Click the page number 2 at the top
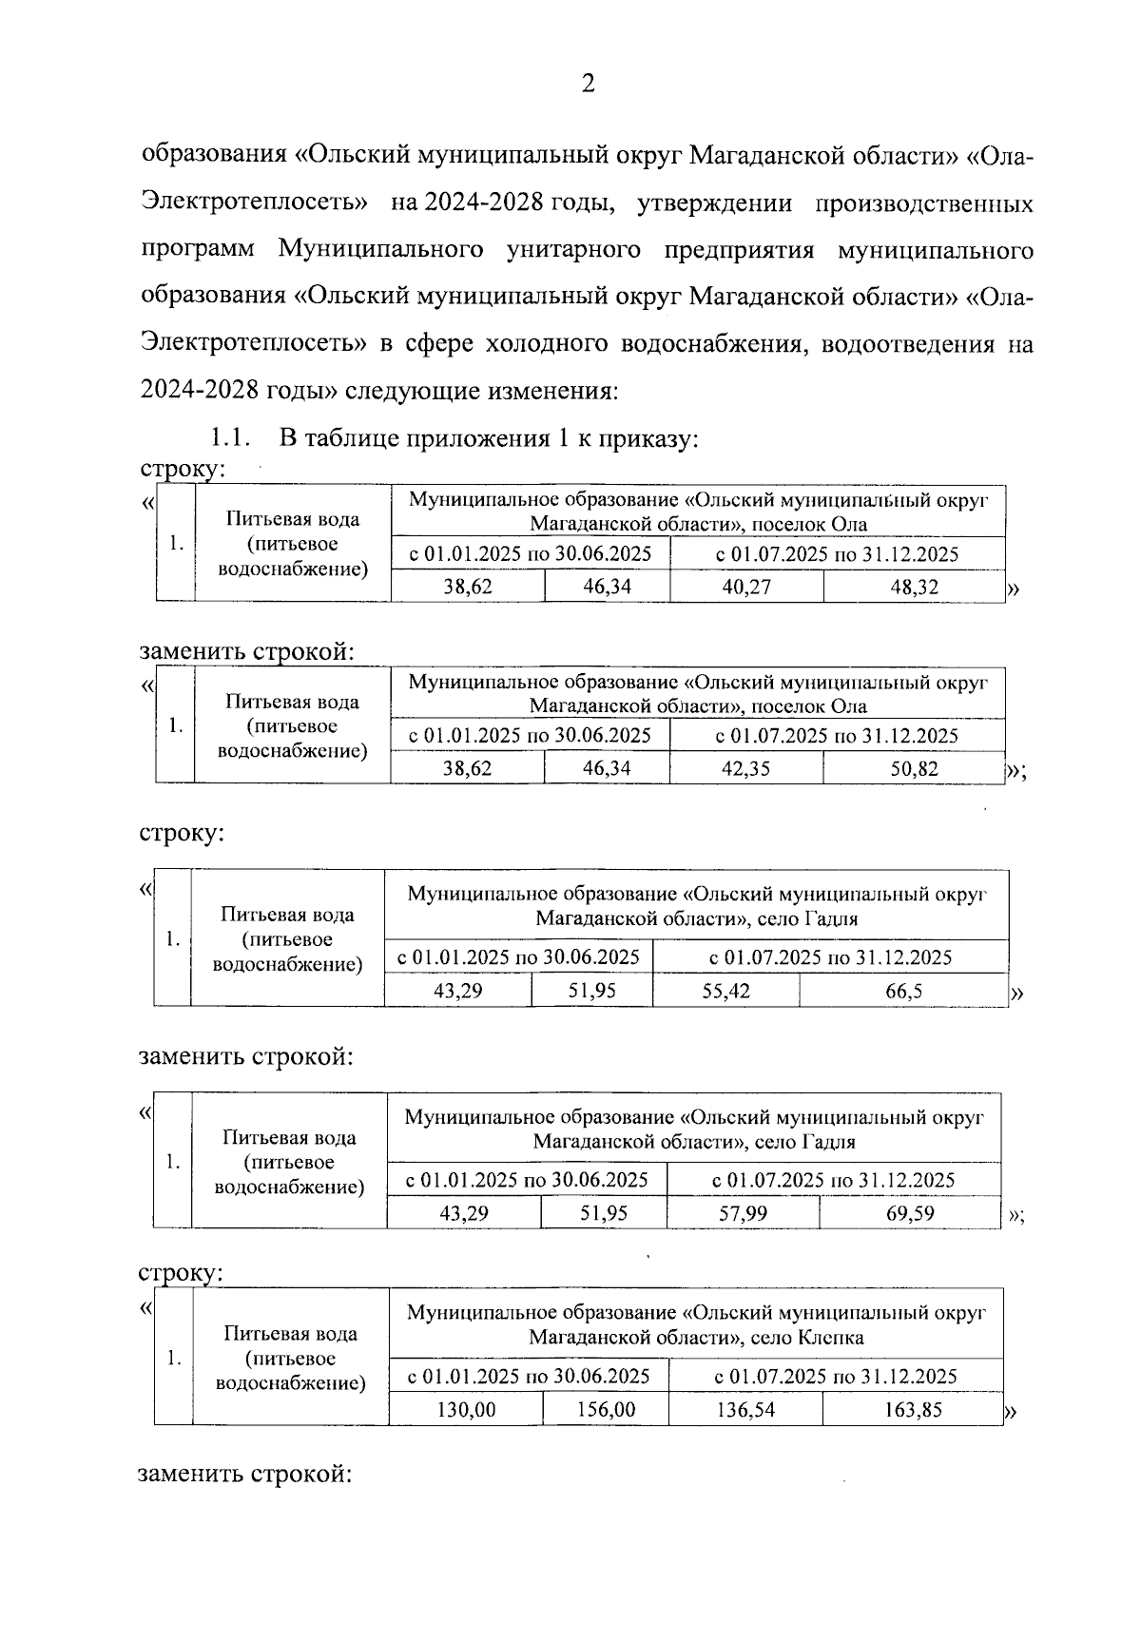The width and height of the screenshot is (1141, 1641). pos(588,86)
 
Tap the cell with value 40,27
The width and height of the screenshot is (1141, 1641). pos(746,588)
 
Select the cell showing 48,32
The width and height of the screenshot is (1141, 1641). pos(914,588)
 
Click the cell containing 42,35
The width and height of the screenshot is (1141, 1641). pos(746,769)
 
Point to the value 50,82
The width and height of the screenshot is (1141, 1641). pos(914,769)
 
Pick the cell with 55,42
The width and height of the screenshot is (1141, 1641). pos(725,992)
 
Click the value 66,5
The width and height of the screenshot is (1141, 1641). pos(903,992)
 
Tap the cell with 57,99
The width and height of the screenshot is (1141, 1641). pos(743,1214)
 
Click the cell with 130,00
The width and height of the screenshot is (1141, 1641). pos(466,1410)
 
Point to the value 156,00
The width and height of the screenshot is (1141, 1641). pos(606,1410)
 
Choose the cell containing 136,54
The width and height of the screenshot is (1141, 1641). pos(745,1410)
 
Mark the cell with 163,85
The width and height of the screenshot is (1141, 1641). pos(912,1410)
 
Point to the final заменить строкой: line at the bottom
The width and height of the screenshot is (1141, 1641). pos(245,1475)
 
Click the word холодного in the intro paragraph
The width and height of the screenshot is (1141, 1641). pos(546,344)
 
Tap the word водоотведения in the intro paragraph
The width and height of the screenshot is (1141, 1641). pos(901,344)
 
